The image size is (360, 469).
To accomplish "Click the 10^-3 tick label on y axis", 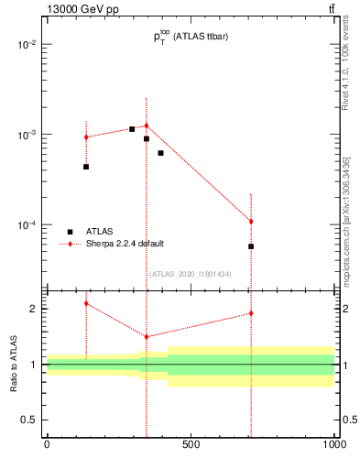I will pyautogui.click(x=27, y=135).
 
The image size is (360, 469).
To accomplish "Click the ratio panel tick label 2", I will pyautogui.click(x=33, y=309).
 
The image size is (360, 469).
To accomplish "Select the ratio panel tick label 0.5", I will pyautogui.click(x=29, y=420).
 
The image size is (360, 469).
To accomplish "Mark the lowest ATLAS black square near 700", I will pyautogui.click(x=251, y=246).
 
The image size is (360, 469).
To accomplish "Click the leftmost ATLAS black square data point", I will pyautogui.click(x=86, y=167).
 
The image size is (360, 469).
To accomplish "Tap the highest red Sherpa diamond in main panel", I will pyautogui.click(x=146, y=125).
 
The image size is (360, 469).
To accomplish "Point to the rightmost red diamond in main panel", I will pyautogui.click(x=251, y=222).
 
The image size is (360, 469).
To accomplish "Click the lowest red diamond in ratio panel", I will pyautogui.click(x=146, y=337).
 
